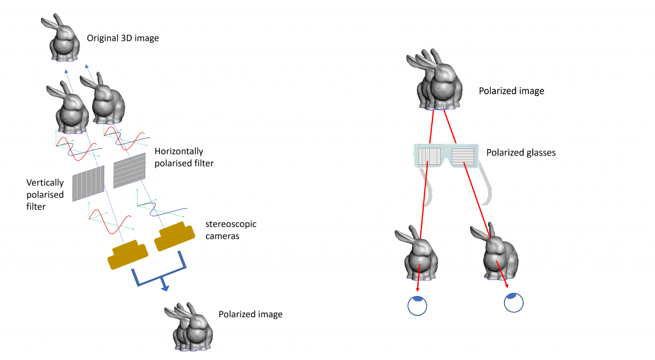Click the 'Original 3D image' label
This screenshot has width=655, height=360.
[x=123, y=38]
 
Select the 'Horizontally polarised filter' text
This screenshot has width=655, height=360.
[x=184, y=157]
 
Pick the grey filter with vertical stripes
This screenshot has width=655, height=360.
[x=88, y=183]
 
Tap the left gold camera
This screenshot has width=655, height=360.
[x=129, y=254]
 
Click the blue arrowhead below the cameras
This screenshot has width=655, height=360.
[x=164, y=288]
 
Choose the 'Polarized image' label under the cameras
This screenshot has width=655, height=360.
[x=250, y=314]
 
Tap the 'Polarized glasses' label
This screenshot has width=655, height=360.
[x=520, y=153]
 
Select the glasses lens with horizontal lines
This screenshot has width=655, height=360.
[x=462, y=155]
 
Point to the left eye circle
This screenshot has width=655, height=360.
[x=416, y=305]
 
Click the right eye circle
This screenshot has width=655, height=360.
[x=514, y=302]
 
